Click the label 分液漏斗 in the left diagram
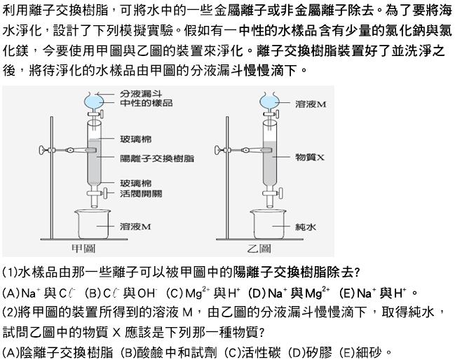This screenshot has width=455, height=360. click(141, 94)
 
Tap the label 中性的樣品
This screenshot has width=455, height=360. click(147, 103)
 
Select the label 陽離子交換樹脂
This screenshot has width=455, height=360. click(157, 158)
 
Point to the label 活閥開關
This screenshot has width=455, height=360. click(141, 193)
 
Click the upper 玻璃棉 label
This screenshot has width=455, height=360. click(135, 139)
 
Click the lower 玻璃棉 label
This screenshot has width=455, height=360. click(135, 184)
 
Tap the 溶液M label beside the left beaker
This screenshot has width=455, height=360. click(135, 226)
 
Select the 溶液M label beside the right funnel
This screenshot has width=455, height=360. click(311, 104)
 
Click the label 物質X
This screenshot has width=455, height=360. click(310, 158)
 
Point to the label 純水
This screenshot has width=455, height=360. click(305, 227)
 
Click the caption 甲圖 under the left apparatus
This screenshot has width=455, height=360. click(83, 248)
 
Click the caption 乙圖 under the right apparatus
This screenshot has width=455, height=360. click(259, 248)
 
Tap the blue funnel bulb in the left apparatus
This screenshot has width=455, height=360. click(94, 102)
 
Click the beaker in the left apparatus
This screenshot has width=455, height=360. click(93, 224)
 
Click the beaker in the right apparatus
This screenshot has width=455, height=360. click(268, 224)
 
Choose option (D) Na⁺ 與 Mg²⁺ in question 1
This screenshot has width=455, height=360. click(289, 293)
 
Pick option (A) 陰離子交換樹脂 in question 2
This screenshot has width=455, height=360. click(57, 352)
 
